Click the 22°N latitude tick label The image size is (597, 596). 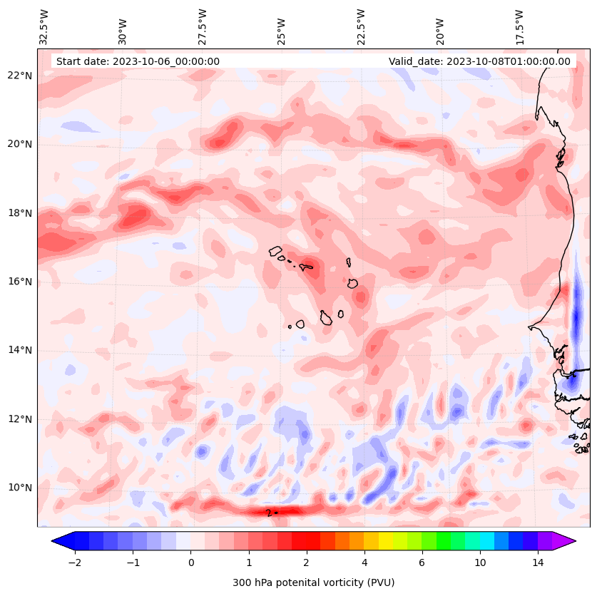[19, 76]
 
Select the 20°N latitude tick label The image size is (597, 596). [19, 144]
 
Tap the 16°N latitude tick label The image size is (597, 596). [19, 282]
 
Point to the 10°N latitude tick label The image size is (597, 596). [19, 488]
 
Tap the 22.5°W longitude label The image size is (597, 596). [361, 27]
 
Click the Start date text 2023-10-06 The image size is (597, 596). [138, 61]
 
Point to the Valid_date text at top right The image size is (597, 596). [479, 61]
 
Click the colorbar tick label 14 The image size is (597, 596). [538, 563]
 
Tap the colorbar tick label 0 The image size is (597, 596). [191, 563]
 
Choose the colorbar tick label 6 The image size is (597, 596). [422, 563]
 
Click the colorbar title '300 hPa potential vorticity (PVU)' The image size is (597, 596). [313, 582]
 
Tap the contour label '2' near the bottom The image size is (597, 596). [268, 513]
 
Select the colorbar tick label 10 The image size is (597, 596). [480, 563]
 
